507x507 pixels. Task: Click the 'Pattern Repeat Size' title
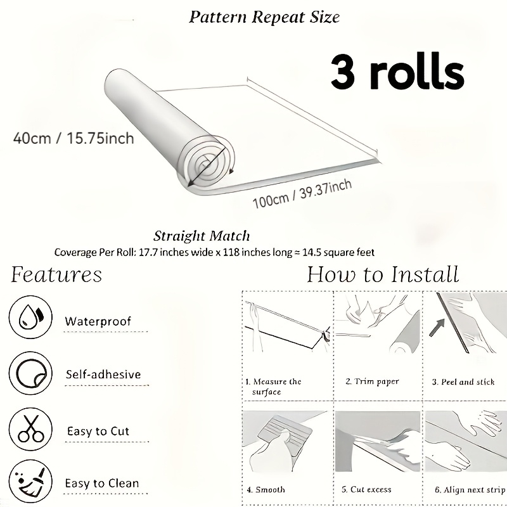[264, 17]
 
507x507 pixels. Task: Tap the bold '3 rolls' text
[397, 72]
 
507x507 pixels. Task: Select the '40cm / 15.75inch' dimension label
[74, 138]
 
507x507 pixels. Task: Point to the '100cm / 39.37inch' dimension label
[302, 194]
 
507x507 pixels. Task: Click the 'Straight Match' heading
[202, 236]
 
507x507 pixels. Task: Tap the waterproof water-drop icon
[30, 317]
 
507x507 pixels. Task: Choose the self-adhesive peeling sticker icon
[30, 373]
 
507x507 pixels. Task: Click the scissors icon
[30, 429]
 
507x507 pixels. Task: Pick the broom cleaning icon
[30, 482]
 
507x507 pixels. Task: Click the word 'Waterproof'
[98, 321]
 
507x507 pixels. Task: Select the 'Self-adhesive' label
[103, 375]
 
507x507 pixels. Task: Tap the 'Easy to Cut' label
[98, 431]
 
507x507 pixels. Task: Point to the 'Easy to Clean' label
[102, 483]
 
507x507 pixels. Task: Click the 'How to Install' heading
[383, 274]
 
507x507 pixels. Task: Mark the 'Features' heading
[56, 274]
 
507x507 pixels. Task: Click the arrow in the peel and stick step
[437, 327]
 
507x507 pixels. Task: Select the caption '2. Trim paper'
[372, 382]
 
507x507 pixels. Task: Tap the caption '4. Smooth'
[266, 489]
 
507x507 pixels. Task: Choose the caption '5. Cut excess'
[366, 489]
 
